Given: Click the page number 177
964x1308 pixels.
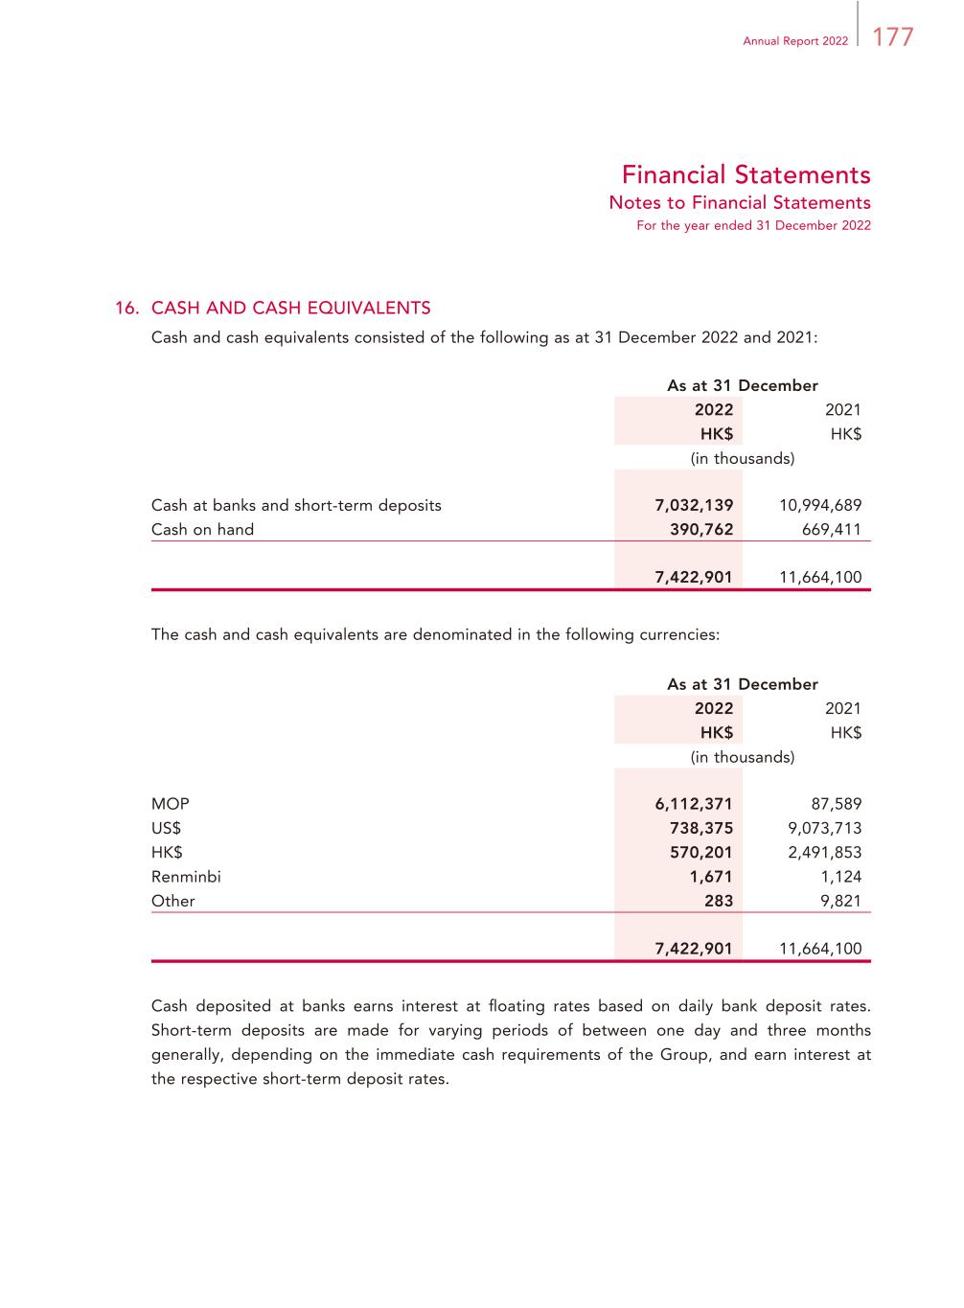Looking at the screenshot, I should pos(893,37).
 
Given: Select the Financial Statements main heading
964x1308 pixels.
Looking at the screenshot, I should pos(746,174).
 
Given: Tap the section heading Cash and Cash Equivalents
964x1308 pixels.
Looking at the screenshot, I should pos(290,308).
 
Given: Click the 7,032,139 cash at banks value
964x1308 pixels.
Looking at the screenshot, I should pos(694,505).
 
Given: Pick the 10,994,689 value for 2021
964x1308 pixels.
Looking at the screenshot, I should pos(820,505).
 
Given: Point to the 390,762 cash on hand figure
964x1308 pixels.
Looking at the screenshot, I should pos(701,529).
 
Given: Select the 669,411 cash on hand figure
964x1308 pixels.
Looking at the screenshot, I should pos(832,529).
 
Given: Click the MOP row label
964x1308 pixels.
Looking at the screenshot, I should pos(171,804).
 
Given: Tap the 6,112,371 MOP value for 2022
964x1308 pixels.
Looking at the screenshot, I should pos(694,804).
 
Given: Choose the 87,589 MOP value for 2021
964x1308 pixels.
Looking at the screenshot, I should pos(836,804).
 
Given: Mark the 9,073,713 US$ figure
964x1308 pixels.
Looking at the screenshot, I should pos(824,828).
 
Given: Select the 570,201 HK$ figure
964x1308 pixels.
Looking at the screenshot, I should pos(701,852).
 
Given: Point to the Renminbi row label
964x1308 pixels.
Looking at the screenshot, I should pos(186,876).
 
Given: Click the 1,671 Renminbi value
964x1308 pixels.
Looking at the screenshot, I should pos(711,876).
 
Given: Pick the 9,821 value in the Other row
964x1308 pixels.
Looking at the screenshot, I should pos(841,901).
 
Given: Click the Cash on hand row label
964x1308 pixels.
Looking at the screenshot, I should pos(202,529).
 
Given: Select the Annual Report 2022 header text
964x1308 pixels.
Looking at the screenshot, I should pos(795,41).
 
